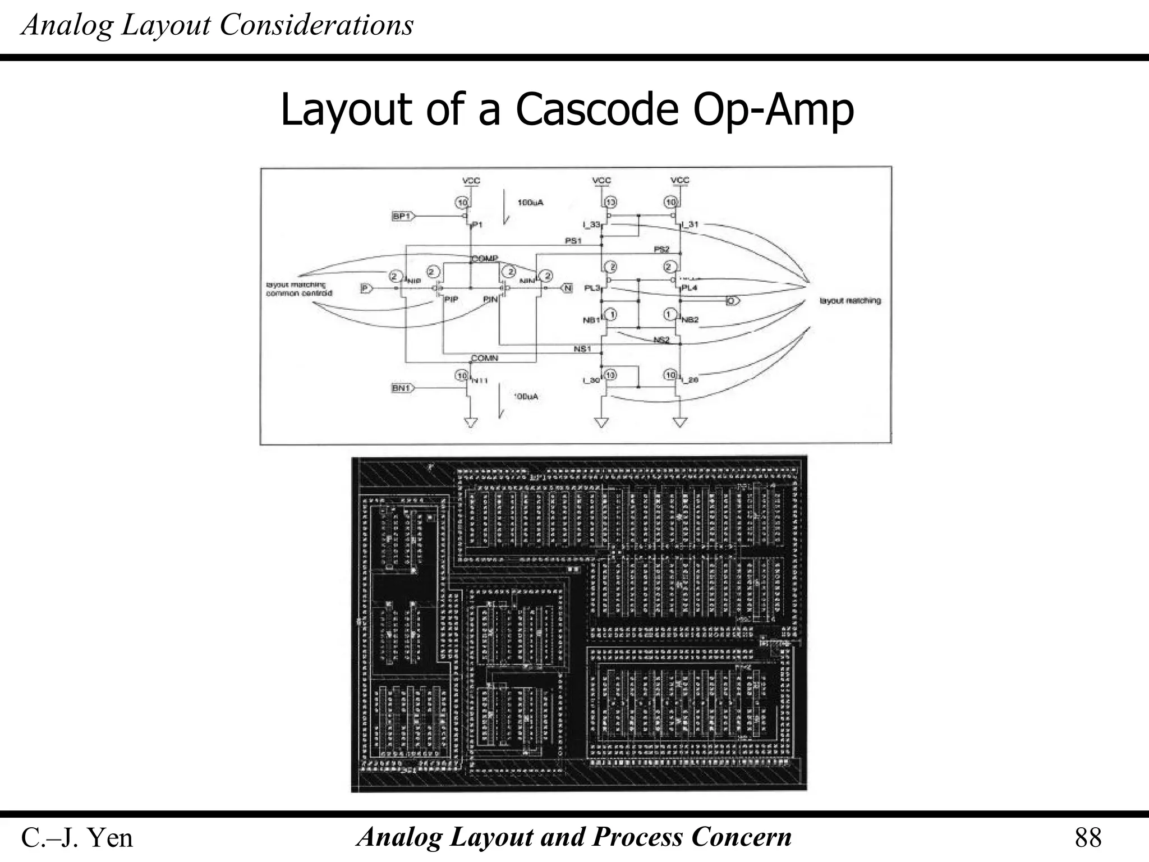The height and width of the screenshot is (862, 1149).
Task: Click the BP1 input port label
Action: point(402,216)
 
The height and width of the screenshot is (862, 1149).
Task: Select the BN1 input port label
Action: point(402,388)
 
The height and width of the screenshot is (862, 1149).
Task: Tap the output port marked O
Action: point(732,301)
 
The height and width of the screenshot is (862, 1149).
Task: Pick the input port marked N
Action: point(567,288)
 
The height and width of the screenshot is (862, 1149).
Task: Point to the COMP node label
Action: point(485,258)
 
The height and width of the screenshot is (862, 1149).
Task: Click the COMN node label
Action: point(484,358)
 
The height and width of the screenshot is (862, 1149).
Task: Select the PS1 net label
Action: point(573,241)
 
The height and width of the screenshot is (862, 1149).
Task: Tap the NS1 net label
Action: point(582,349)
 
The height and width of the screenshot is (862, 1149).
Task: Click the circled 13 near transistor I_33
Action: point(610,202)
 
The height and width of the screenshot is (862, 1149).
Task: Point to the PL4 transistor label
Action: point(690,288)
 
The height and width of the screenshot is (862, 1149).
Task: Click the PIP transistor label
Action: point(451,300)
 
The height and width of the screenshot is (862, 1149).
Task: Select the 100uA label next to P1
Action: point(530,203)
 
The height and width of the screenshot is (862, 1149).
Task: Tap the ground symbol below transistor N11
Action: point(471,422)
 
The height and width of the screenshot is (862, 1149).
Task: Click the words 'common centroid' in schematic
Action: point(299,294)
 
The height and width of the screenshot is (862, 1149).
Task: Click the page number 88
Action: point(1088,838)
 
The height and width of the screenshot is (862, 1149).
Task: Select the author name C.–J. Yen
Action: point(77,838)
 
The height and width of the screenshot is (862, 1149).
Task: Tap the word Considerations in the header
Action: point(316,25)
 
